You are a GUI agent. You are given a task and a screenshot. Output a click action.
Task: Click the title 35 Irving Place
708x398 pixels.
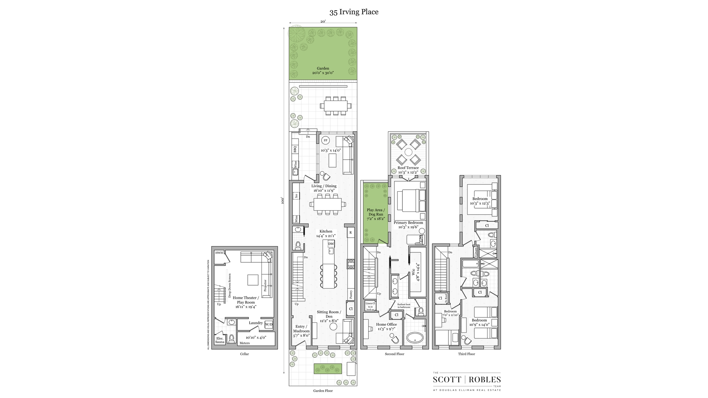tap(354, 12)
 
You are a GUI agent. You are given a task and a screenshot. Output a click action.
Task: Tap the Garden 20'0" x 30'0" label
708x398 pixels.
tap(323, 71)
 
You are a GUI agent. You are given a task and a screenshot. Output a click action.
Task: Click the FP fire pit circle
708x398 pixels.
tap(325, 140)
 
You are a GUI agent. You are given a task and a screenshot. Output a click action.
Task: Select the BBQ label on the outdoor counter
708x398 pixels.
tap(295, 149)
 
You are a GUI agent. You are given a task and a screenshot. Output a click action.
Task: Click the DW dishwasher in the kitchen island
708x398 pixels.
tap(331, 244)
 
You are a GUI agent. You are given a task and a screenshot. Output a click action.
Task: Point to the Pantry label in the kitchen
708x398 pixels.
tap(351, 294)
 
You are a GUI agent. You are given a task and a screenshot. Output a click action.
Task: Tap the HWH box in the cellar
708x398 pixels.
tap(219, 253)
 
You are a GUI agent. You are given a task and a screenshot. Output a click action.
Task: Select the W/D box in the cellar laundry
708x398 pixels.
tap(269, 325)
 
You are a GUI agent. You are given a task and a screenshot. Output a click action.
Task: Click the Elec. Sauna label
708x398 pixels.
tap(220, 340)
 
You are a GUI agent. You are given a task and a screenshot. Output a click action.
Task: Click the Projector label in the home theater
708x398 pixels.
tap(265, 286)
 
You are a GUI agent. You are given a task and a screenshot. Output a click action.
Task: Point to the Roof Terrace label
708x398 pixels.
tap(408, 170)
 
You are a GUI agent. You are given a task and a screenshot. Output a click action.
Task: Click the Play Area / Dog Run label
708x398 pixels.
tap(375, 214)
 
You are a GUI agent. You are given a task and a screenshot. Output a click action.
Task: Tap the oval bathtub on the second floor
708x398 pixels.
tap(415, 338)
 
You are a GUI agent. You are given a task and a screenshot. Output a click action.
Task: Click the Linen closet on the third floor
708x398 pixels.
tap(476, 252)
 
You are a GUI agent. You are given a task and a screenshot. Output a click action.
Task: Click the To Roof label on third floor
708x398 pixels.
tap(446, 298)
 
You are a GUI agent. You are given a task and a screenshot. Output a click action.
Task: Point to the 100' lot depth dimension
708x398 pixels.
tap(283, 200)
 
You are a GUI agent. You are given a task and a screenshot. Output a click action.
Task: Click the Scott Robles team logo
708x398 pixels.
tap(466, 380)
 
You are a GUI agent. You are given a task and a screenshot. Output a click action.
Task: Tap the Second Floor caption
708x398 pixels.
tap(395, 354)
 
